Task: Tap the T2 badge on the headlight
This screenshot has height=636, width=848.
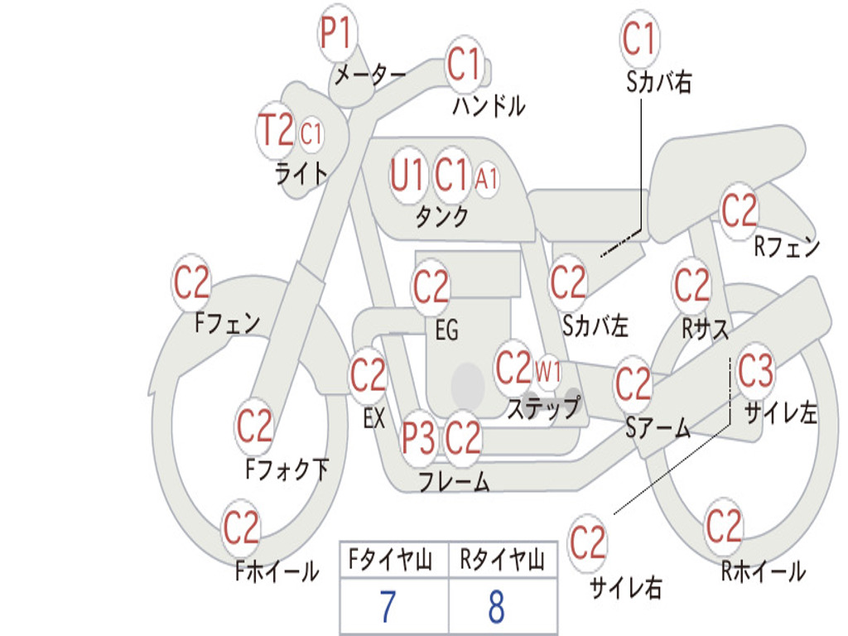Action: click(x=277, y=131)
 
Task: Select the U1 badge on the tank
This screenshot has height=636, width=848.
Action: click(x=408, y=176)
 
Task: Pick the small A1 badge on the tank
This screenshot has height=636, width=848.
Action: click(x=487, y=178)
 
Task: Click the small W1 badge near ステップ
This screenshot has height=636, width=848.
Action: click(x=547, y=372)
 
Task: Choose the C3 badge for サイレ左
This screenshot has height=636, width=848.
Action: click(x=755, y=372)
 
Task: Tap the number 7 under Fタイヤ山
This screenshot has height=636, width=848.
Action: click(x=388, y=607)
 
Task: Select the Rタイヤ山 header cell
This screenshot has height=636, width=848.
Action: click(x=502, y=561)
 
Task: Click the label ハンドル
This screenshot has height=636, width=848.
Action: click(x=489, y=106)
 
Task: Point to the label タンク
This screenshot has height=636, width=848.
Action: click(x=441, y=218)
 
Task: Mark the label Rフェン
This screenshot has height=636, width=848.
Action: click(x=786, y=247)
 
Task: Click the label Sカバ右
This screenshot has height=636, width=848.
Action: click(x=659, y=82)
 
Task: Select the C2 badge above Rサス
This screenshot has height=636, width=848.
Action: click(x=692, y=286)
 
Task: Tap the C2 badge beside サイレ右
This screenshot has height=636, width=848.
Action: click(x=588, y=543)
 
